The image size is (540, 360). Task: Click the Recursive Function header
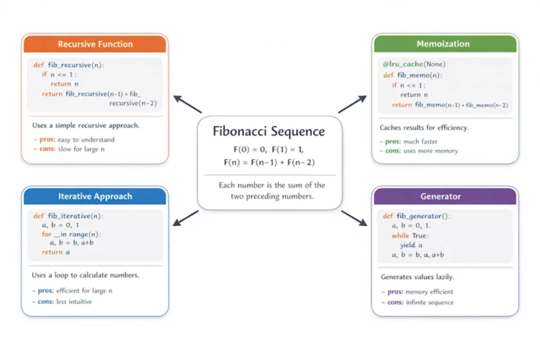coord(95,44)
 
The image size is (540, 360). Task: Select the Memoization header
coord(443,44)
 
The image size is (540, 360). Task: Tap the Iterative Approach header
coord(95,196)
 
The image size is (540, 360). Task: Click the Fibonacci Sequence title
coord(269,131)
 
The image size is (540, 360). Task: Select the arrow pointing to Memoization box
coord(352,104)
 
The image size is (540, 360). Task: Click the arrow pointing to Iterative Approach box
coord(185,218)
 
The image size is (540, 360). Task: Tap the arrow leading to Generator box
coord(354,218)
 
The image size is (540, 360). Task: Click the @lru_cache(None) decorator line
coord(414,64)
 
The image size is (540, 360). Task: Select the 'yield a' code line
coord(411,245)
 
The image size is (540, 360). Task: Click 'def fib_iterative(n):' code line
coord(68,216)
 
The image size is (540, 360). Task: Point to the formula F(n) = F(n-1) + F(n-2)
coord(269,162)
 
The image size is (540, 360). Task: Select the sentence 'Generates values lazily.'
coord(417,276)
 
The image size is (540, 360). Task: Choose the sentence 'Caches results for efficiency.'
coord(424,128)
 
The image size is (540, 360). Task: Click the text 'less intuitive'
coord(74,301)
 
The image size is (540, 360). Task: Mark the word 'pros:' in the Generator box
coord(395,292)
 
